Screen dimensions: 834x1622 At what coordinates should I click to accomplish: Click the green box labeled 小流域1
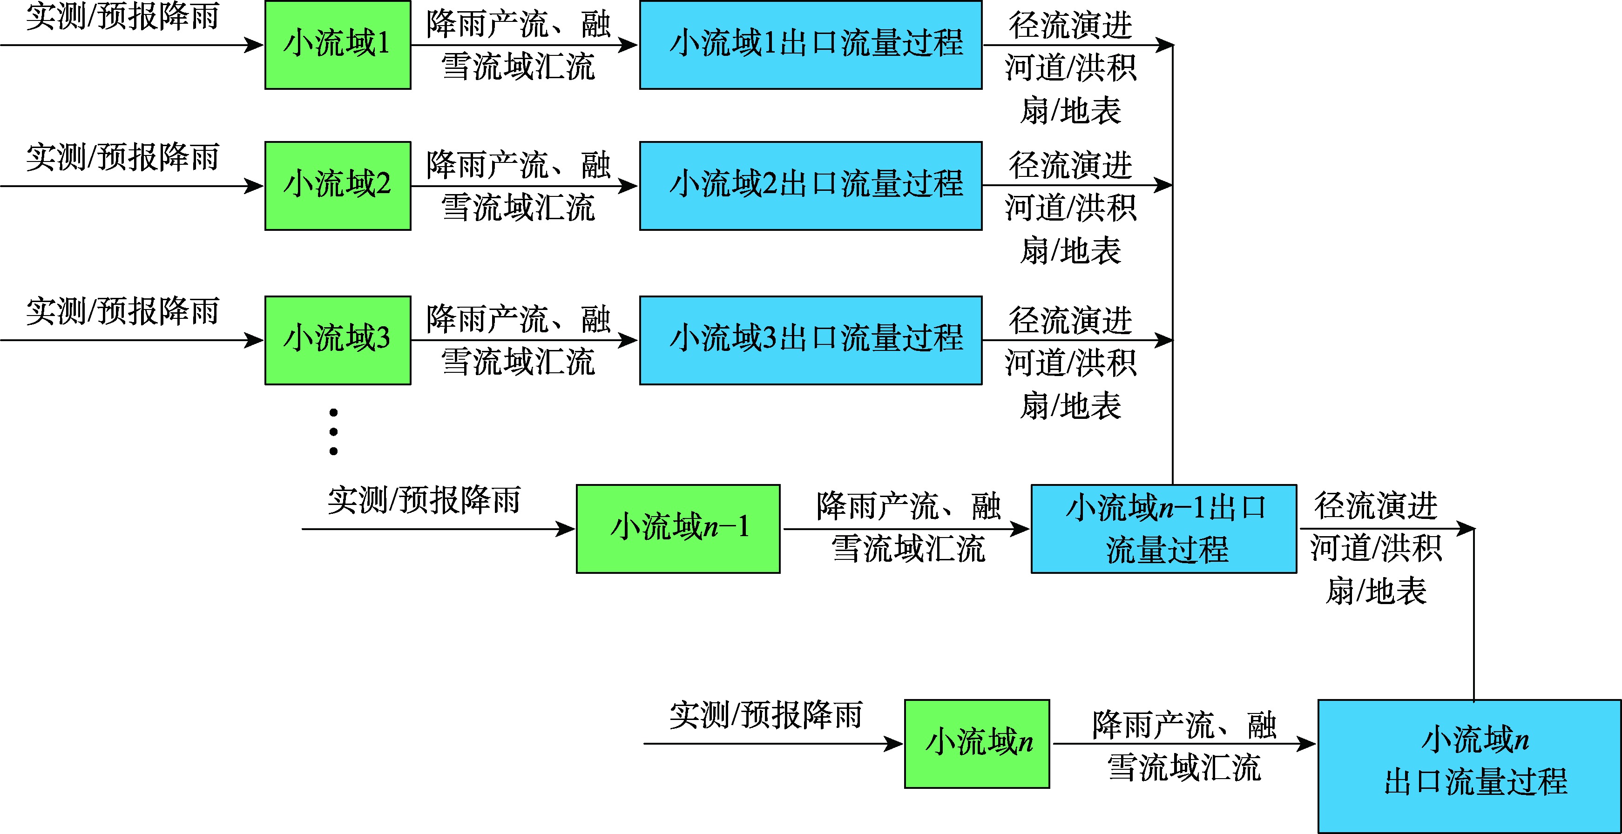point(338,45)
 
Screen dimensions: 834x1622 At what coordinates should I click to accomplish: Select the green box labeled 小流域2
point(338,186)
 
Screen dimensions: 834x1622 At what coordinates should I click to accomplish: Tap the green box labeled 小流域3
point(338,340)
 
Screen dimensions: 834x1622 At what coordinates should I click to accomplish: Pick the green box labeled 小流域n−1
point(678,529)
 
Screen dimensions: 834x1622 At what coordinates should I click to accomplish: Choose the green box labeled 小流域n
point(977,743)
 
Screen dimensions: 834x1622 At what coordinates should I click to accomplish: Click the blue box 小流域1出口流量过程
point(811,45)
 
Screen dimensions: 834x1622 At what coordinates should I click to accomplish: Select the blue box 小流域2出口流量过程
point(811,186)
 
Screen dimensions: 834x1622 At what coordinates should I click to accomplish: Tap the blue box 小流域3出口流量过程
point(811,340)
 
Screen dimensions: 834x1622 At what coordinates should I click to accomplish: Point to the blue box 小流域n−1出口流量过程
point(1163,529)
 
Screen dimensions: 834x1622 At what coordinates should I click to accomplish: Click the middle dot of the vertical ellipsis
point(334,432)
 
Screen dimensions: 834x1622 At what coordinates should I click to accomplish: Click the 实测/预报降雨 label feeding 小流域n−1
point(424,500)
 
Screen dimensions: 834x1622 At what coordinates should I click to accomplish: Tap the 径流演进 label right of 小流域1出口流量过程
point(1070,25)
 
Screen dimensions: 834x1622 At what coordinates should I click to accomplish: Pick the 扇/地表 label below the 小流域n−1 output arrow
point(1376,591)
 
